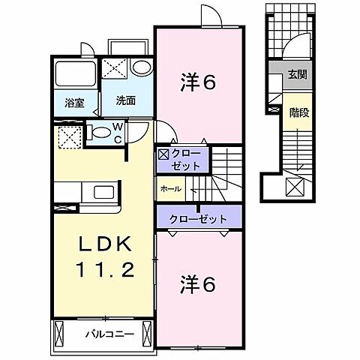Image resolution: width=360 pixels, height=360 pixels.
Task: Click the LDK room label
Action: click(x=106, y=244)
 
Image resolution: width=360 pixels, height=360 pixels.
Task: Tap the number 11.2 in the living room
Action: click(x=106, y=269)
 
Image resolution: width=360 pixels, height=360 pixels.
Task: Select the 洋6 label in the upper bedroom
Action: click(x=199, y=82)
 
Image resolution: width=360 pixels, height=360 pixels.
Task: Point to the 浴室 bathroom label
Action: click(x=73, y=102)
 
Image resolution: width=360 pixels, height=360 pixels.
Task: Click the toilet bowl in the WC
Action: click(x=99, y=133)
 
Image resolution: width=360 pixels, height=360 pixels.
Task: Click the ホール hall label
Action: click(x=170, y=189)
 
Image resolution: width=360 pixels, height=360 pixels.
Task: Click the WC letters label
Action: click(x=119, y=134)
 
